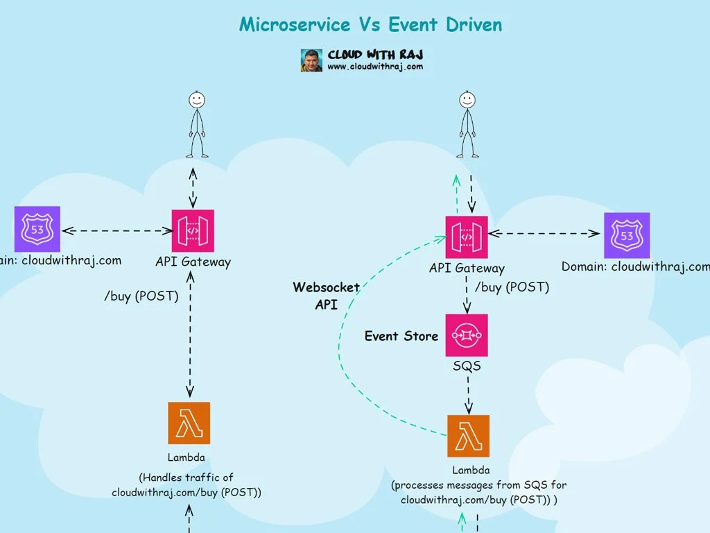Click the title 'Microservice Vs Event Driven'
[370, 24]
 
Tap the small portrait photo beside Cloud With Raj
[311, 60]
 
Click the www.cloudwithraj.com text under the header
[374, 67]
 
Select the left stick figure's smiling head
[197, 100]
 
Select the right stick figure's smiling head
[467, 100]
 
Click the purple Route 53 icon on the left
[37, 229]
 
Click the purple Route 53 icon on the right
[627, 235]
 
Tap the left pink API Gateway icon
[193, 230]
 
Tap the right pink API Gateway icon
[467, 237]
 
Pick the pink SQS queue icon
[467, 335]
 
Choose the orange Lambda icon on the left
[189, 423]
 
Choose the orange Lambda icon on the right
[468, 436]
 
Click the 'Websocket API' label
[326, 296]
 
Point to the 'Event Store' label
[401, 336]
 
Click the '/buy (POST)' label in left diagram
[141, 296]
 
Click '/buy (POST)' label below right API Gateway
[512, 287]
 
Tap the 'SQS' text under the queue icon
[467, 366]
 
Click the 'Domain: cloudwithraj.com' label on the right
[635, 267]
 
